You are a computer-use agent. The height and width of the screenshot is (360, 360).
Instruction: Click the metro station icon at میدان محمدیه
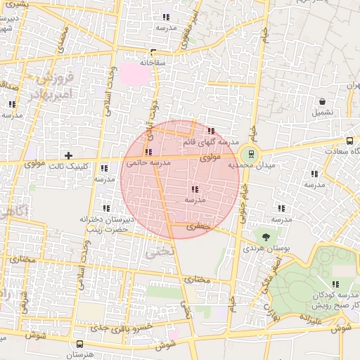[x=251, y=155]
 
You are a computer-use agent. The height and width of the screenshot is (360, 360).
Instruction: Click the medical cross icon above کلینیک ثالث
[x=68, y=155]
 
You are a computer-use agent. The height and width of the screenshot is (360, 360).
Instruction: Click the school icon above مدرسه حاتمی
[x=148, y=152]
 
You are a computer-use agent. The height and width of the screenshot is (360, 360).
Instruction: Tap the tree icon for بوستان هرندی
[x=266, y=237]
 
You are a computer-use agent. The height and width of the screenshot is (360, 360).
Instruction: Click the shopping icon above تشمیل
[x=322, y=101]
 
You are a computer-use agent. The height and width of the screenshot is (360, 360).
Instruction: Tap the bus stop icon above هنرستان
[x=79, y=345]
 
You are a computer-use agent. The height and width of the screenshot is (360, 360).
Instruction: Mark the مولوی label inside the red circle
[x=212, y=158]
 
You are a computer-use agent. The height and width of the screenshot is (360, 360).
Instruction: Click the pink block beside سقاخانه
[x=130, y=72]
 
